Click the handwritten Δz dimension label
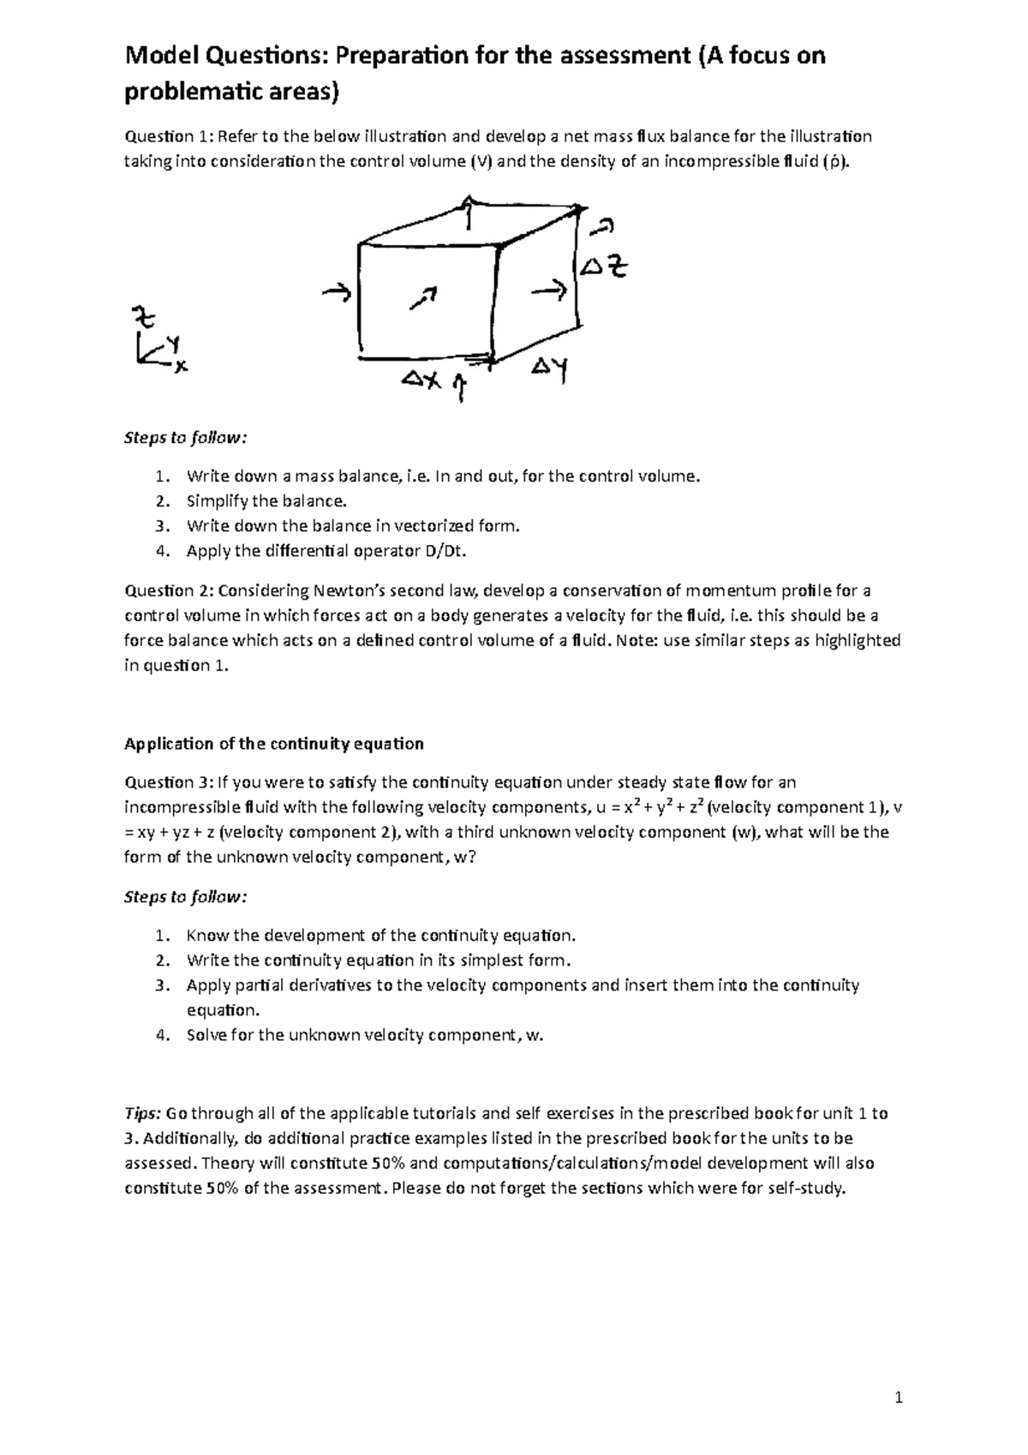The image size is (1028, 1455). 604,267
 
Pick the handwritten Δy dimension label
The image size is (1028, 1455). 551,371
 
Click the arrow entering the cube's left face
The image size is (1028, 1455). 336,295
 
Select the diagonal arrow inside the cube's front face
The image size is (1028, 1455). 423,298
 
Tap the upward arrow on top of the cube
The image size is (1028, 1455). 468,211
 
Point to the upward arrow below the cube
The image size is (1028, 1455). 460,387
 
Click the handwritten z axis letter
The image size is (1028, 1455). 143,318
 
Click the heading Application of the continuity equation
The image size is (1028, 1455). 274,743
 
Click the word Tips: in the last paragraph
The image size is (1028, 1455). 142,1113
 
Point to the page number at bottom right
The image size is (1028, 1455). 899,1399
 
